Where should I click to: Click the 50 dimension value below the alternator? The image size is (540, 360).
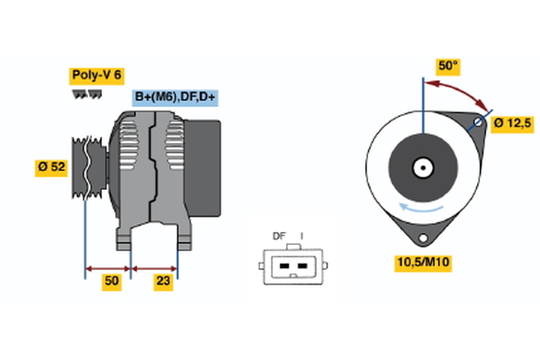coord(111,282)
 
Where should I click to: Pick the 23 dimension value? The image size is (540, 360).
coord(163,282)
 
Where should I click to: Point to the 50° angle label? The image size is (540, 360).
coord(447,67)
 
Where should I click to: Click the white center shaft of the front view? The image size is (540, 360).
coord(421,166)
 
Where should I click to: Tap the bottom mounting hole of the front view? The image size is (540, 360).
coord(421,237)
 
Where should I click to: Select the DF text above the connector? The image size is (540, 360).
coord(279,237)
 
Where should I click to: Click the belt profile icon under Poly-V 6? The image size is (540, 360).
coord(85,94)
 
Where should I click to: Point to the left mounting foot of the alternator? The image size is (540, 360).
coord(123,238)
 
